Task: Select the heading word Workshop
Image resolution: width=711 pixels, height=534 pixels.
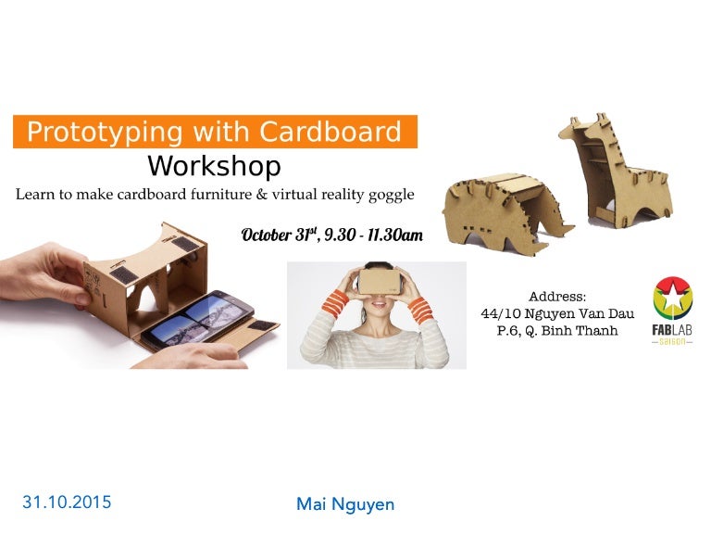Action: pos(214,167)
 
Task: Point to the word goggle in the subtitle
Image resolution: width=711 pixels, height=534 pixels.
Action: pos(391,196)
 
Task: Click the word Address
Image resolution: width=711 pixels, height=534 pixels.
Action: pos(557,297)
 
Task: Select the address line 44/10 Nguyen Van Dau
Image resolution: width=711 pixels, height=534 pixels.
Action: pos(557,314)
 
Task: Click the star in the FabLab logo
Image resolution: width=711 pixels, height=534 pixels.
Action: pos(673,298)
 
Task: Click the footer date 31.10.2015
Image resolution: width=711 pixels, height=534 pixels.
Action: pos(67,502)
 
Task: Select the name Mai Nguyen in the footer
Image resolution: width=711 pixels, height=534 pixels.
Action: pos(345,504)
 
